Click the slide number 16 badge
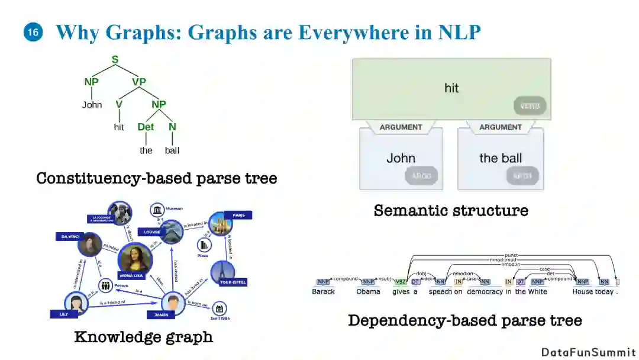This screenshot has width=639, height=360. [x=33, y=33]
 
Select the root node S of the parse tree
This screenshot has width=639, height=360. [x=115, y=60]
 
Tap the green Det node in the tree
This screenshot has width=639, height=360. [x=146, y=127]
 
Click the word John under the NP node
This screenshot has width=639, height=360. [x=92, y=105]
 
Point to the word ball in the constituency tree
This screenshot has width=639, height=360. [x=172, y=150]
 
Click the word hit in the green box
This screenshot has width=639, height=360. [x=451, y=88]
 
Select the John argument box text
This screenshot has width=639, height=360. [x=401, y=158]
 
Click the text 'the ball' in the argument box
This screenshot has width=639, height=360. [x=500, y=158]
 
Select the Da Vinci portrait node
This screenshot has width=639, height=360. [x=89, y=244]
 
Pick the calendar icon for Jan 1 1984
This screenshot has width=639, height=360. [x=220, y=308]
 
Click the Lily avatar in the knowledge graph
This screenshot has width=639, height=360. [x=76, y=302]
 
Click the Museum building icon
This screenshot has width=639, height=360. [x=157, y=210]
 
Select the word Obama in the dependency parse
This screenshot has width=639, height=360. [x=368, y=291]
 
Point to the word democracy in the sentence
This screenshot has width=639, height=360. [x=485, y=291]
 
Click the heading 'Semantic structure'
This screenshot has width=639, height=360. [x=451, y=210]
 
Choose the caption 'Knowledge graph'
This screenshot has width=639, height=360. [x=143, y=337]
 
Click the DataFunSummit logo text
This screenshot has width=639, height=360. [x=588, y=352]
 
